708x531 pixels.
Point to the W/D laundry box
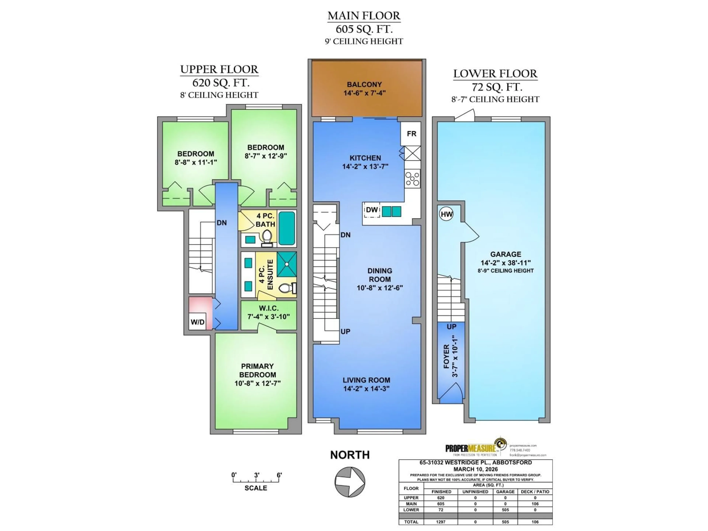(x=197, y=322)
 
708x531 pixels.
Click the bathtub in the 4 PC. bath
(x=287, y=228)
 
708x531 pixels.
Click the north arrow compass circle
(x=350, y=482)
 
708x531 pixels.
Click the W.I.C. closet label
(x=268, y=308)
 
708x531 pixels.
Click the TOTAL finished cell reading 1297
(x=440, y=522)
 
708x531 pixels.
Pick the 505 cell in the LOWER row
(x=505, y=510)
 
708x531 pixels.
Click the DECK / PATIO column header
(x=535, y=492)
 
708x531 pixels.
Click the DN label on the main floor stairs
(x=345, y=235)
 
